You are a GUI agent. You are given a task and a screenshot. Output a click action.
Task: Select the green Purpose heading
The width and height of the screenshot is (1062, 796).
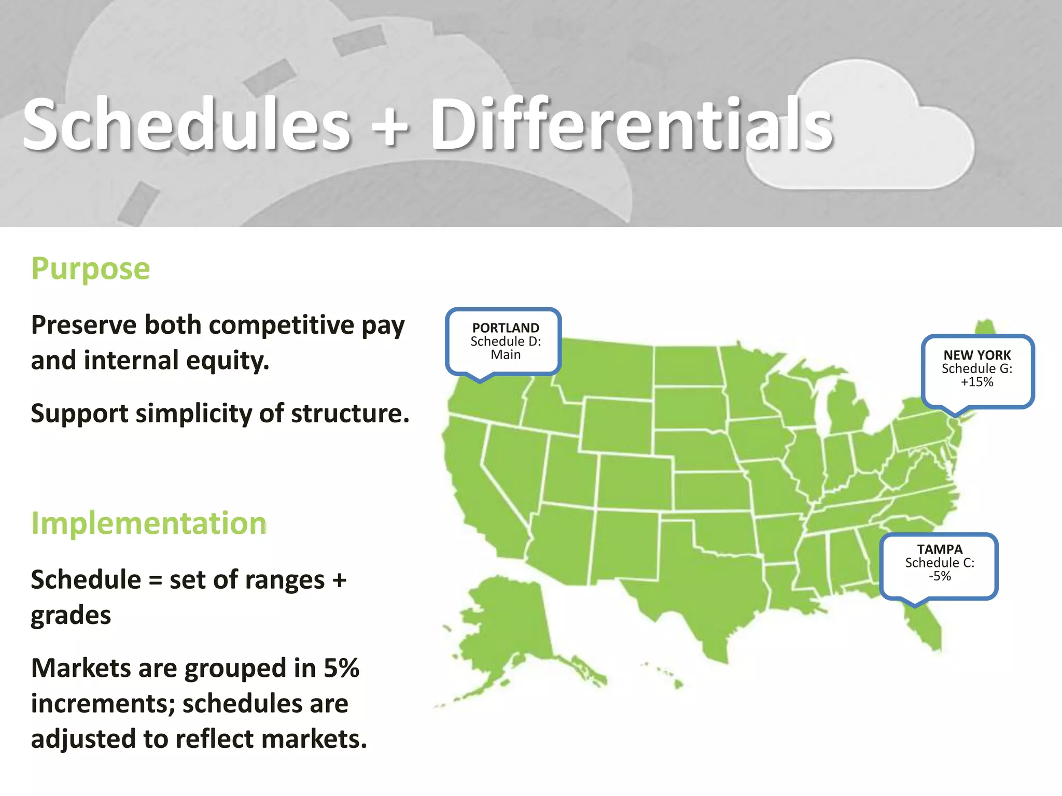pyautogui.click(x=91, y=268)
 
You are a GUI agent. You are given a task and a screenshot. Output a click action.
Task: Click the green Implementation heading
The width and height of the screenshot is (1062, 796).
pyautogui.click(x=149, y=523)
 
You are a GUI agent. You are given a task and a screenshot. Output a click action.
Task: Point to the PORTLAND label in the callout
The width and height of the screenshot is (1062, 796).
pyautogui.click(x=506, y=328)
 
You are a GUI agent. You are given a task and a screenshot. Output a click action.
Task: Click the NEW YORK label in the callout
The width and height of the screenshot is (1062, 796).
pyautogui.click(x=977, y=355)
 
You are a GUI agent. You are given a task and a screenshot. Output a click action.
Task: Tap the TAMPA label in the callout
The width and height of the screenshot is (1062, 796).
pyautogui.click(x=940, y=549)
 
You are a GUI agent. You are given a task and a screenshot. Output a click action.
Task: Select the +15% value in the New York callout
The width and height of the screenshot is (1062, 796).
pyautogui.click(x=977, y=382)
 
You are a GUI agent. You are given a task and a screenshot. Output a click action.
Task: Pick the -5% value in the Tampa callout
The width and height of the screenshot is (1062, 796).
pyautogui.click(x=940, y=576)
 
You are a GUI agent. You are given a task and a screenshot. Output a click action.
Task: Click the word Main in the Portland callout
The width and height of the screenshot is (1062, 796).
pyautogui.click(x=506, y=355)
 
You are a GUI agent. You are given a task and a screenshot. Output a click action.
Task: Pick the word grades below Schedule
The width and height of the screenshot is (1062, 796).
pyautogui.click(x=71, y=615)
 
